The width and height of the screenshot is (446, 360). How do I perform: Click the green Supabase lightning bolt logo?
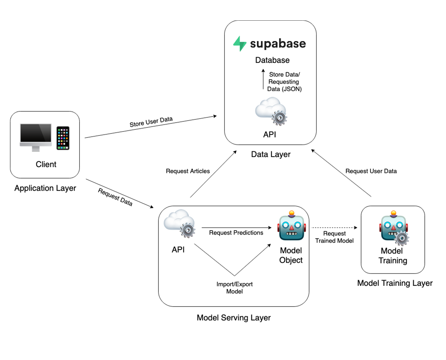(x=239, y=43)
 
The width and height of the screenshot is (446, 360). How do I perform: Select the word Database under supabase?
(x=272, y=60)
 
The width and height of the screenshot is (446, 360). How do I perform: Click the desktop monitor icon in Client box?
(x=36, y=137)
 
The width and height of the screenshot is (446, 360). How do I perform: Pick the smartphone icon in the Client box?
(x=63, y=138)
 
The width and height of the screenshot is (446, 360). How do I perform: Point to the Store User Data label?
(x=151, y=122)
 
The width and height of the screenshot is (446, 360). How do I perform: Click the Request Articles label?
(x=188, y=171)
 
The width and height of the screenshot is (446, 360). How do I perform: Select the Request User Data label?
(x=371, y=171)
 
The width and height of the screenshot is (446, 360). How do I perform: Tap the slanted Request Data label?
(x=115, y=197)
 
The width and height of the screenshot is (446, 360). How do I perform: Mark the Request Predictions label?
(x=236, y=233)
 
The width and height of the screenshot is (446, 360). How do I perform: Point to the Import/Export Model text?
(x=234, y=288)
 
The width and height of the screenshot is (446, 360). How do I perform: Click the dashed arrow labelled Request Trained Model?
(x=334, y=227)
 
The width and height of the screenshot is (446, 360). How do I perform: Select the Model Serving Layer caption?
(x=234, y=318)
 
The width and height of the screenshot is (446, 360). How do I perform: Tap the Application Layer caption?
(x=45, y=188)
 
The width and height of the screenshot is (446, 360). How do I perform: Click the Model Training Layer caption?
(x=395, y=283)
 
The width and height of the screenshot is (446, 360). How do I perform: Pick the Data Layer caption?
(x=271, y=154)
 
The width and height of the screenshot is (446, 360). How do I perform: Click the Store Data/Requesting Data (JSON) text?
(x=284, y=82)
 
